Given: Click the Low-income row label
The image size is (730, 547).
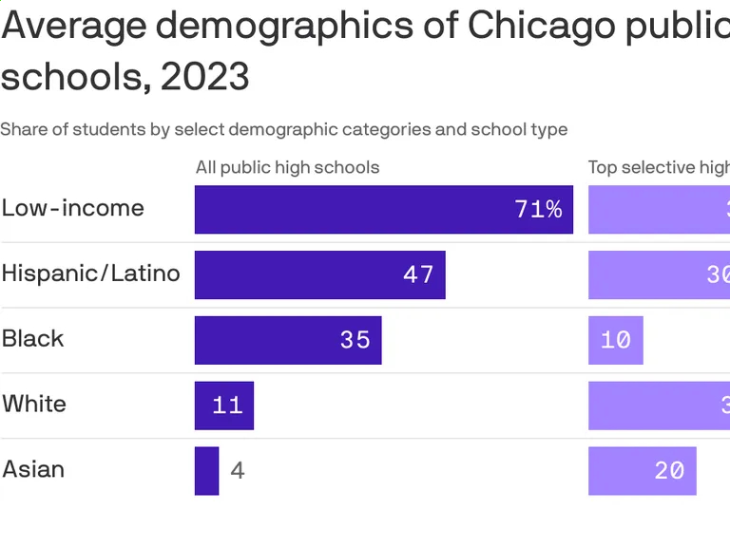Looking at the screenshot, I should click(73, 208).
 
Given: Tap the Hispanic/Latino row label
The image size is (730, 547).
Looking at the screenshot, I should click(91, 273).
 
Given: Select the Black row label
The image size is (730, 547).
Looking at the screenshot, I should click(33, 339).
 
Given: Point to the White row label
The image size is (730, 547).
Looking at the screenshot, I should click(34, 404).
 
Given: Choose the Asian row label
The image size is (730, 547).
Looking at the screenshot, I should click(34, 469).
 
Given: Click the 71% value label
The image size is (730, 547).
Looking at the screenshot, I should click(538, 209).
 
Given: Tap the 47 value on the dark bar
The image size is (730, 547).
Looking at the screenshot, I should click(418, 274).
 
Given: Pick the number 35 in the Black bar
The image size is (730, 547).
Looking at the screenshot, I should click(355, 340).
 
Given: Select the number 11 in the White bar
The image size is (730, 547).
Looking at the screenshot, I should click(227, 406).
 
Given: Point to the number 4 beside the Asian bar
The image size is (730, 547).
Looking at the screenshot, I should click(238, 471).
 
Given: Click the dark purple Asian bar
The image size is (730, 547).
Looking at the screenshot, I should click(206, 471).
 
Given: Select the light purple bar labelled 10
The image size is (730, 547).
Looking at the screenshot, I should click(615, 340).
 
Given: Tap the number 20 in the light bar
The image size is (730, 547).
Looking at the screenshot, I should click(669, 470).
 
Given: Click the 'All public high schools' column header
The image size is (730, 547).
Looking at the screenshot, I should click(287, 168).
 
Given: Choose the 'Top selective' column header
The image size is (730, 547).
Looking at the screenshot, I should click(658, 168).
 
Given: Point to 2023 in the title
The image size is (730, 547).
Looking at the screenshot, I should click(205, 76).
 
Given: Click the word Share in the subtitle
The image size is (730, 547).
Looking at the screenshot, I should click(23, 129).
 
